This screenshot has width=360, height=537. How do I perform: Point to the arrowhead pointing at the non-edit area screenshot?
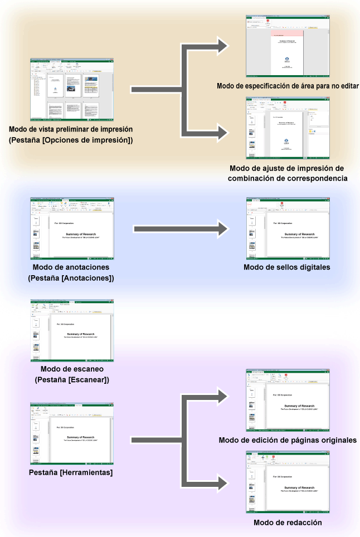click(221, 46)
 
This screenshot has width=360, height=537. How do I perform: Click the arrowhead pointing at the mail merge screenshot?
click(221, 132)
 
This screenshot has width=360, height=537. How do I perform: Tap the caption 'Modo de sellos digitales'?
click(288, 267)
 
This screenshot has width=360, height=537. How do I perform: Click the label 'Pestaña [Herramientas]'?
click(71, 472)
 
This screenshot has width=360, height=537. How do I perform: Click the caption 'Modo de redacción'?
click(288, 522)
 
